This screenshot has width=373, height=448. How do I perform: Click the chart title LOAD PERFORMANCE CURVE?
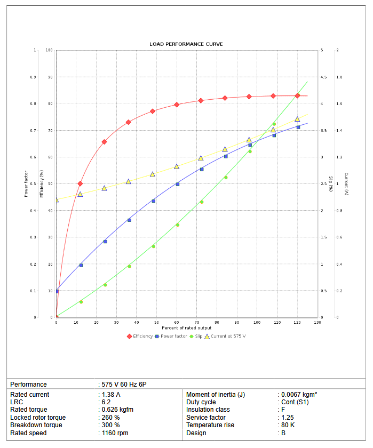coord(186,44)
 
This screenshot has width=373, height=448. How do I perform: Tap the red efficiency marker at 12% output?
coord(80,183)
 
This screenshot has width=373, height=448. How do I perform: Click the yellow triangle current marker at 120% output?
coord(297,119)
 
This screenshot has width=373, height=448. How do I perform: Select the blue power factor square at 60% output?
coord(178,184)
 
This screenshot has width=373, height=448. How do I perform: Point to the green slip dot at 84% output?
coord(226,177)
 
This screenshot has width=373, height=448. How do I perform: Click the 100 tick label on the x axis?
coord(257,323)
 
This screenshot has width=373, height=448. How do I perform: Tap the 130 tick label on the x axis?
coord(318,323)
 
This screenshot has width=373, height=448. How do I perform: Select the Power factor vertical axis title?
coord(26,184)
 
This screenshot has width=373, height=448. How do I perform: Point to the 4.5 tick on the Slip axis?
coord(323,77)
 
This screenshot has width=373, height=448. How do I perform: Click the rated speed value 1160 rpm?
coord(115,433)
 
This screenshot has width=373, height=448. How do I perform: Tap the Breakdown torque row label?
coord(36,425)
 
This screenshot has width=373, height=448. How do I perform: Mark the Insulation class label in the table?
coord(208,410)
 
